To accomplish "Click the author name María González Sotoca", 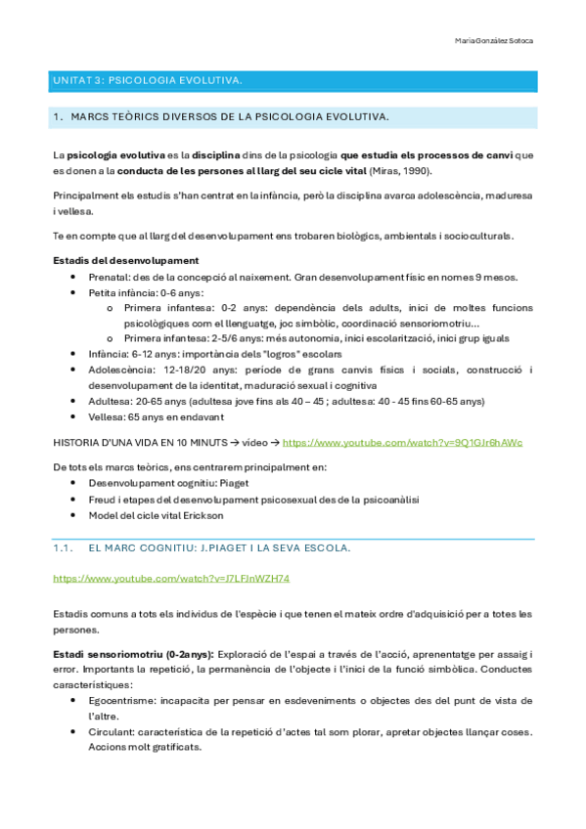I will pos(494,41).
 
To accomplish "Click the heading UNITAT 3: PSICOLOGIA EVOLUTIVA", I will pos(147,78).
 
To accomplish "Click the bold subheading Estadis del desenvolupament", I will pos(126,260).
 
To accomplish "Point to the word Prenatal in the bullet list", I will pos(110,277).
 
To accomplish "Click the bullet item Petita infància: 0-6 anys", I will pos(146,292).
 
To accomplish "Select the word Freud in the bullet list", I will pos(102,499).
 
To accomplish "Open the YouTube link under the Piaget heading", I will pos(171,579).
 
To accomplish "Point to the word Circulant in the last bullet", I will pos(111,731).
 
